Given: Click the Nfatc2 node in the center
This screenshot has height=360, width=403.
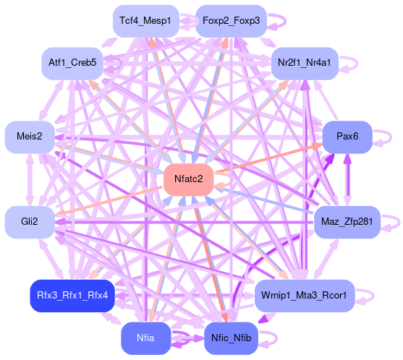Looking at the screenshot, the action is [189, 179].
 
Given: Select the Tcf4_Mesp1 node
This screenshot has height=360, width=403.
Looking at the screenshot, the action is [145, 21].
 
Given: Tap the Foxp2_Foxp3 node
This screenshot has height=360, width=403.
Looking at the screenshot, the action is [231, 21].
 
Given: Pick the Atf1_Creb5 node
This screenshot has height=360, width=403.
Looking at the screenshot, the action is [72, 63].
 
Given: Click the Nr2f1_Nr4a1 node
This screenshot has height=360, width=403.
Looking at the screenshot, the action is [305, 63].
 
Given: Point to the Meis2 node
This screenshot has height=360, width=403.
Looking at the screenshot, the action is [30, 137].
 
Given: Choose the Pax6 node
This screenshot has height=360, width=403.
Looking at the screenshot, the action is [347, 137].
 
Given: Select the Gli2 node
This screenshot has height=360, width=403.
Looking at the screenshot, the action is [30, 222].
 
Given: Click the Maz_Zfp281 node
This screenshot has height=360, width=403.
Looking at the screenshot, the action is [347, 222].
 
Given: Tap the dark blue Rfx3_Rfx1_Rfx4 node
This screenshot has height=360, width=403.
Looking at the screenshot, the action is [72, 296].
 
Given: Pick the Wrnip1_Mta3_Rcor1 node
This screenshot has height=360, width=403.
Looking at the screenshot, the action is [305, 296].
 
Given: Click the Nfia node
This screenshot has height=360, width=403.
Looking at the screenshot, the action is [145, 338].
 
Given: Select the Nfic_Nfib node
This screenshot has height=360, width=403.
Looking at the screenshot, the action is [231, 338].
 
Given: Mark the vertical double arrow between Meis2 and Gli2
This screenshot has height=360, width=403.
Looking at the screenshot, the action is [30, 180].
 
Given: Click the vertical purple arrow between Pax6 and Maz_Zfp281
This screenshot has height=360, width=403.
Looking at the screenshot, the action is [347, 180].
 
